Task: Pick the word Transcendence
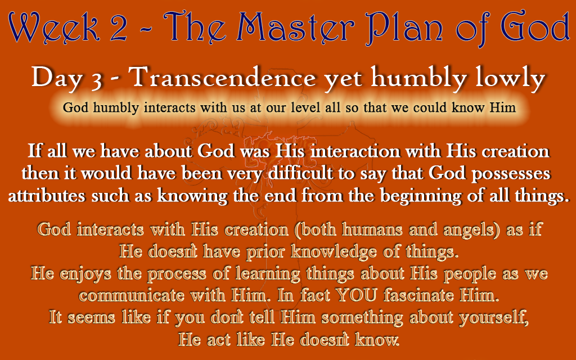(x=223, y=78)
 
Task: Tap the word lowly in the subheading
(x=510, y=78)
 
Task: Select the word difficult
(x=300, y=173)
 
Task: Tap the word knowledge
(x=334, y=252)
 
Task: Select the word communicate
(x=132, y=296)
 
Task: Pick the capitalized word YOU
(x=356, y=295)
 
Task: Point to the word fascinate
(x=418, y=295)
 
